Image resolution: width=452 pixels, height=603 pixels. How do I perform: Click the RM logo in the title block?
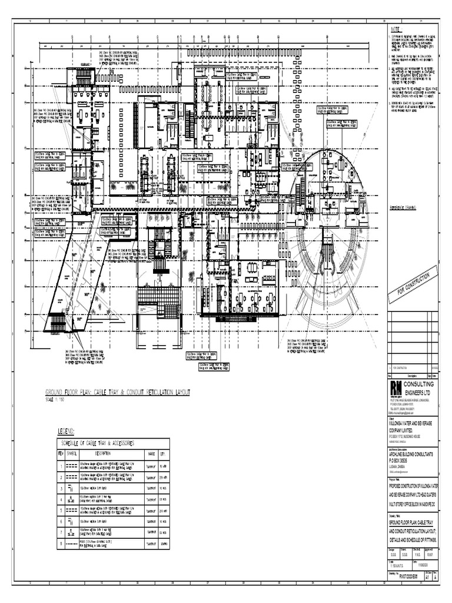[x=395, y=387]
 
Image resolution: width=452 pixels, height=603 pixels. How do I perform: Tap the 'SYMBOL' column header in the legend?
[x=72, y=453]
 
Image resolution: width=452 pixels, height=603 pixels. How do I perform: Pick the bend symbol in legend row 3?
[x=72, y=488]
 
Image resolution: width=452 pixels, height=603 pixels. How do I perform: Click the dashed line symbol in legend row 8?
[x=72, y=545]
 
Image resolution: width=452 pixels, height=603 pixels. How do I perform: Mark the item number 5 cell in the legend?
[x=60, y=511]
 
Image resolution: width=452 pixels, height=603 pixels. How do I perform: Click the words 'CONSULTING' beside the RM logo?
[x=421, y=384]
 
